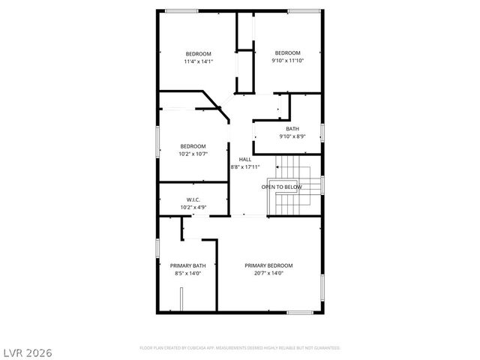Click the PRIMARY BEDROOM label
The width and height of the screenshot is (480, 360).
268,265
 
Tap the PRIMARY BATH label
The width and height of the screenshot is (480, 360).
187,265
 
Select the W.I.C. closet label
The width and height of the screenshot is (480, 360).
193,199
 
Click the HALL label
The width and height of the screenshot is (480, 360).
245,160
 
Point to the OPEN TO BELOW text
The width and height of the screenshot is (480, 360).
281,187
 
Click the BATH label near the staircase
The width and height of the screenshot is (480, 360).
292,129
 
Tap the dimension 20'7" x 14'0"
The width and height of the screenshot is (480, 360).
268,274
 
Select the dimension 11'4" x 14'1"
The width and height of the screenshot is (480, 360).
199,61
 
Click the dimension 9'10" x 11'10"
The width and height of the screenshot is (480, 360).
287,60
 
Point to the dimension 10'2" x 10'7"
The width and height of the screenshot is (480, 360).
193,154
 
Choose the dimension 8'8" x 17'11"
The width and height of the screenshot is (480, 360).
245,166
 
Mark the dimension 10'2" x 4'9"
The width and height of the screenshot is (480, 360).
193,207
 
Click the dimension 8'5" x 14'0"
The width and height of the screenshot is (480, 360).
187,274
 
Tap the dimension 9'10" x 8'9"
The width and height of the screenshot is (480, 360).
292,136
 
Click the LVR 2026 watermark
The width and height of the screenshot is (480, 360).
27,351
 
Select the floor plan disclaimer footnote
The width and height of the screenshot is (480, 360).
240,348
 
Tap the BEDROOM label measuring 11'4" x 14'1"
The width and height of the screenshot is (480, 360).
199,54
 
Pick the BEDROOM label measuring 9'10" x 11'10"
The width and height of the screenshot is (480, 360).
287,52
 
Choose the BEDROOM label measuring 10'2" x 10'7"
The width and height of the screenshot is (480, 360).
193,146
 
